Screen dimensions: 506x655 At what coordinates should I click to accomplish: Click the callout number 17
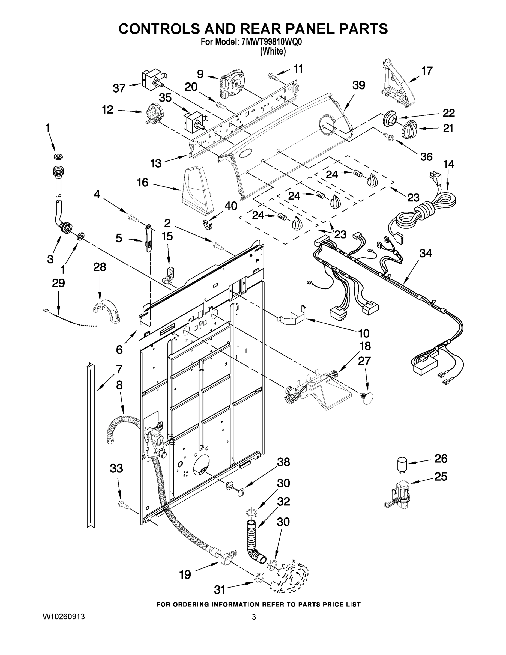coord(427,71)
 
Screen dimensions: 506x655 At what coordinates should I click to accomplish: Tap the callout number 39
coord(358,85)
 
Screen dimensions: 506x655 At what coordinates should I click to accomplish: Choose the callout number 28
coord(100,267)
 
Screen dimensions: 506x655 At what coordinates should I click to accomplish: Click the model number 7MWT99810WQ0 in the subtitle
coord(271,42)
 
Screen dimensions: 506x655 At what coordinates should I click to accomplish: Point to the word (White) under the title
coord(273,52)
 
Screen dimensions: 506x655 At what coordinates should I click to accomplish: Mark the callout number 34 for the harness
coord(425,254)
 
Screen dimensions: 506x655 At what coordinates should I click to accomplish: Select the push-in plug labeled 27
coord(367,398)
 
